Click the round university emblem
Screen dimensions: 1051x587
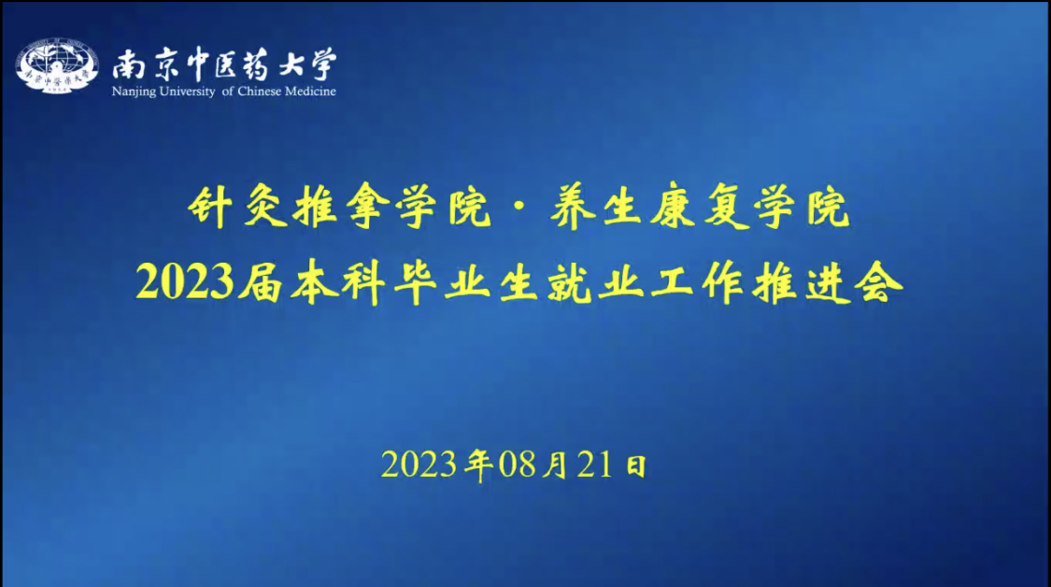coord(57,65)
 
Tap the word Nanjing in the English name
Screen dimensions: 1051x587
coord(129,92)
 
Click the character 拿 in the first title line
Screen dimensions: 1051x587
coord(364,208)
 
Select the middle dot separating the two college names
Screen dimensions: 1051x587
coord(520,208)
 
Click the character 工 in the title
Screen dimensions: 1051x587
coord(672,281)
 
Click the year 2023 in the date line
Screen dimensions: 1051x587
coord(419,465)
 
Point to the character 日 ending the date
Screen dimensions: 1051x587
coord(635,465)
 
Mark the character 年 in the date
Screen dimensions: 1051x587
coord(478,465)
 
